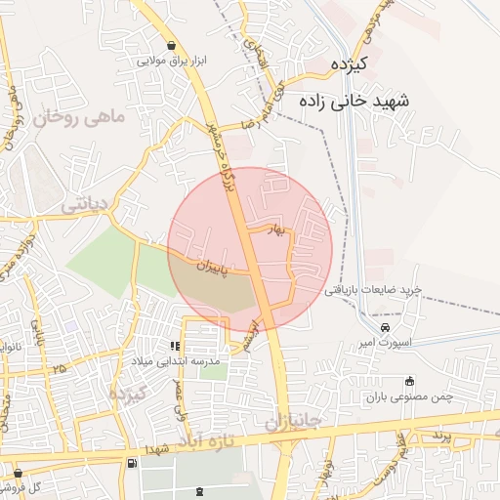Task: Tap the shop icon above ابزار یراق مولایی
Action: point(172,45)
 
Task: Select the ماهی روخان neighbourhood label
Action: point(78,118)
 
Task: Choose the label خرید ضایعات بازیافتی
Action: point(372,290)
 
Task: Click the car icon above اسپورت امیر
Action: point(386,327)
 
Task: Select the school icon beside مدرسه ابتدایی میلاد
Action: point(175,346)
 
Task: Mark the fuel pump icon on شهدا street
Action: point(131,461)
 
